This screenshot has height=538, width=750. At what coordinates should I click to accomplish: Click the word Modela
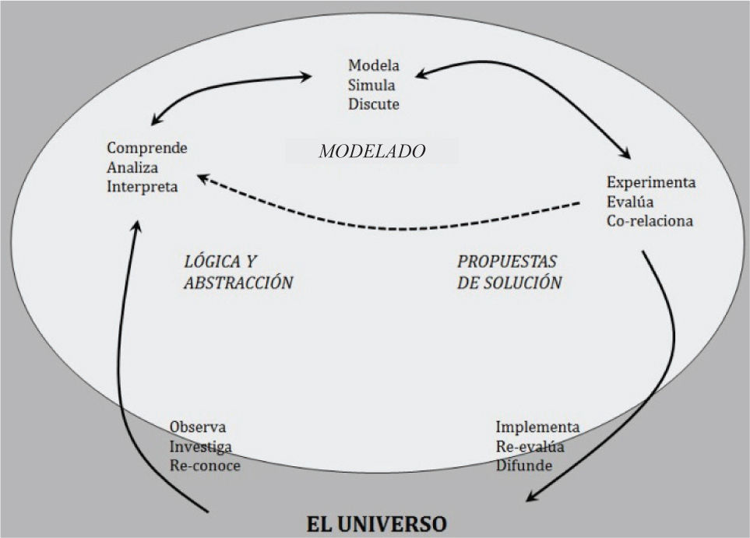point(374,65)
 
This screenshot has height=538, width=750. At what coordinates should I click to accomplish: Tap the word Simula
point(371,85)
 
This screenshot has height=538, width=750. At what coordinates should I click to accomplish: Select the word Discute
point(374,104)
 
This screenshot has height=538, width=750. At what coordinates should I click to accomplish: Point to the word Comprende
point(147,147)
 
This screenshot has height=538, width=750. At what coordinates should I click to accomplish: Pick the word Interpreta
point(143,187)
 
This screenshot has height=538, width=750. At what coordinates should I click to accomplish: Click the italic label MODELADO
point(372,152)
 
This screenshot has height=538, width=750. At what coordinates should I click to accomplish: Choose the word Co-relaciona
point(650,220)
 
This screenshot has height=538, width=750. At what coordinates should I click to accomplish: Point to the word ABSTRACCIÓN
point(238,282)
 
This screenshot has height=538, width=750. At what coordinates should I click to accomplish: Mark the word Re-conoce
point(205,466)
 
